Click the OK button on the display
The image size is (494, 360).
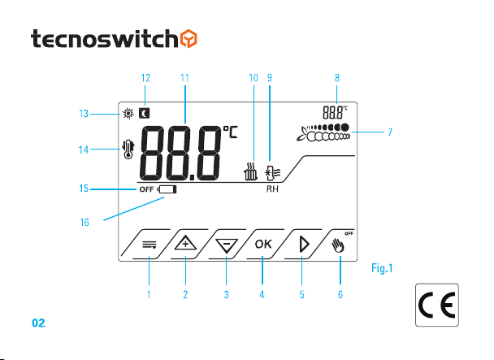pos(263,244)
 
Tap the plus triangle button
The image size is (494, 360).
pos(185,243)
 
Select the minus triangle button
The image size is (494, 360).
pos(227,245)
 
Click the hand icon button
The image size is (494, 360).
pos(338,245)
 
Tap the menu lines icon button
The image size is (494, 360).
pos(149,245)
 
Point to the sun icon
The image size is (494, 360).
pos(128,113)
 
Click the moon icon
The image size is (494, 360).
pos(145,113)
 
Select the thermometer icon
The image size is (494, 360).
pos(128,150)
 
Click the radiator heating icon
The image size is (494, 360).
pos(250,171)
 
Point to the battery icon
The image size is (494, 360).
pos(167,189)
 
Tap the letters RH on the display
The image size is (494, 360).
pos(272,189)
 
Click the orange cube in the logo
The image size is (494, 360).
pos(188,39)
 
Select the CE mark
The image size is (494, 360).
pos(437,305)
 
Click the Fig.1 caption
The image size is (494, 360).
pos(382,268)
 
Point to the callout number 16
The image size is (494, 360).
pos(84,223)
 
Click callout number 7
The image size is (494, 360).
pos(390,132)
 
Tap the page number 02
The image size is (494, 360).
pos(38,323)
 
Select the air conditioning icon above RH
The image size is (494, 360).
pos(272,173)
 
